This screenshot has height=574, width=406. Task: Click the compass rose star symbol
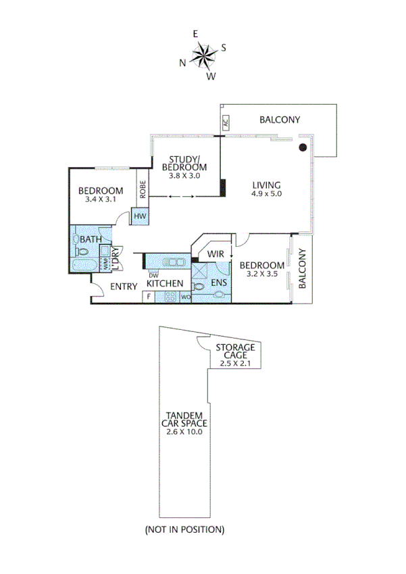pos(202,55)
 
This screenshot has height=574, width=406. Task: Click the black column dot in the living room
pos(303,147)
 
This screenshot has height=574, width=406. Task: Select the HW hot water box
pos(140,216)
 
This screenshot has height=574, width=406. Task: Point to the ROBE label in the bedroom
pos(143,188)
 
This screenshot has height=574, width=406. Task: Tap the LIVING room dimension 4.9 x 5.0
pos(266,194)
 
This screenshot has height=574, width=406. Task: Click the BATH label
pos(90,239)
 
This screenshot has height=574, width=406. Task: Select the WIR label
pos(215,254)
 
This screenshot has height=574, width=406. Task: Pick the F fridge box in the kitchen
pos(148,297)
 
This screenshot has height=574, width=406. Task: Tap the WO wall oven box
pos(184,297)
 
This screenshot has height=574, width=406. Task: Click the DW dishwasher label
pos(153,275)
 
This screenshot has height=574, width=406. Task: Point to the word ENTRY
pos(124,287)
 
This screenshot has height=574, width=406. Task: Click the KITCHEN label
pos(165,283)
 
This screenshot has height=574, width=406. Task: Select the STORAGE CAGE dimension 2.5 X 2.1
pos(235,363)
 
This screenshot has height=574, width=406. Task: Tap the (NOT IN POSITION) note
pos(184,529)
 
